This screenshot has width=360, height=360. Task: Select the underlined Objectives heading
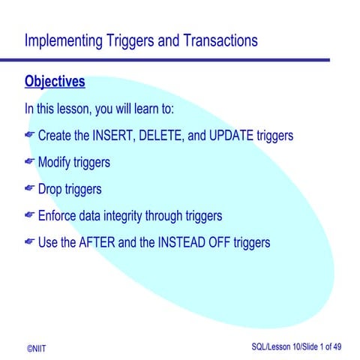click(x=55, y=80)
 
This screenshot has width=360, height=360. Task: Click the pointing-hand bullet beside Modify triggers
click(x=29, y=162)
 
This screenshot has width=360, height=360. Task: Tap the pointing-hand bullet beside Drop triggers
click(x=29, y=189)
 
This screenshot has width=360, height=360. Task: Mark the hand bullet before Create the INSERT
click(x=29, y=135)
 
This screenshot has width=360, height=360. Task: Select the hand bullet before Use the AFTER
click(x=29, y=242)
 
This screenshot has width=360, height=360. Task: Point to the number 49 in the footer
click(x=337, y=348)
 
